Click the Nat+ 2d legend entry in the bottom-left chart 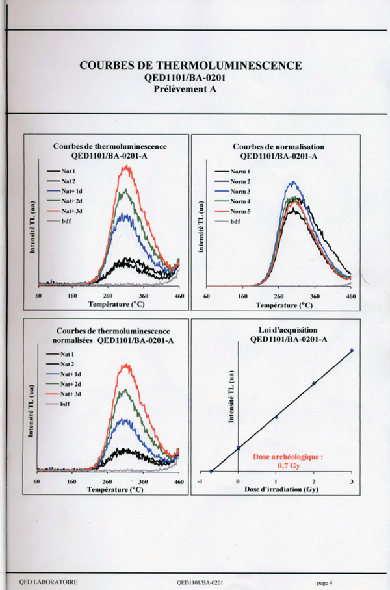coord(69,385)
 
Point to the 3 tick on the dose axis coord(352,481)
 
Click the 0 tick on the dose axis coord(239,481)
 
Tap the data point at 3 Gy coord(352,350)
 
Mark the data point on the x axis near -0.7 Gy coord(211,471)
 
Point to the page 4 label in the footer coord(325,582)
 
